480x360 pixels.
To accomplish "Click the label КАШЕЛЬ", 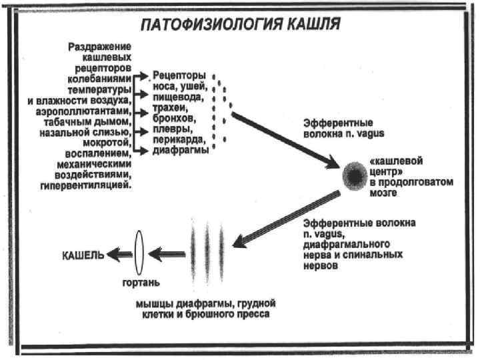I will pos(83,254).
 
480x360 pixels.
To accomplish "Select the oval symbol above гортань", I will pos(139,254).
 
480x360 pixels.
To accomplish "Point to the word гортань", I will pos(140,282).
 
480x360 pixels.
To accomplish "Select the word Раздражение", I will pos(99,47).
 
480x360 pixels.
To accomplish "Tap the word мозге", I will pos(383,193).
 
